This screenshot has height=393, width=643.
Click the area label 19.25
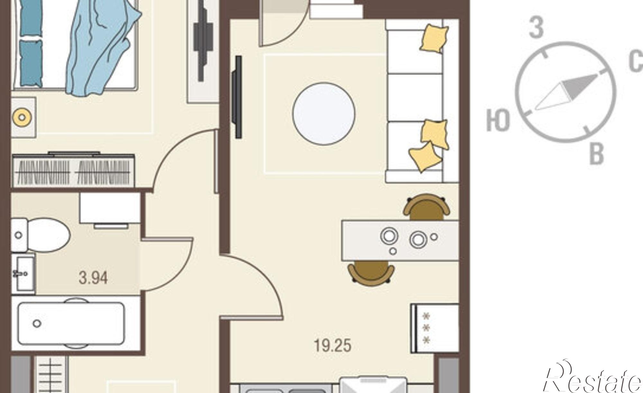[x=332, y=346]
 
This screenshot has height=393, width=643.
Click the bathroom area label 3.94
[x=93, y=278]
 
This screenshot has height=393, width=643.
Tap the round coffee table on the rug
[x=324, y=114]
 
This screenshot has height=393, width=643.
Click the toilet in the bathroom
[x=41, y=235]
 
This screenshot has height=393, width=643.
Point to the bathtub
[x=71, y=323]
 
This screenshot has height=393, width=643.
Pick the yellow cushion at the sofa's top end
[x=434, y=38]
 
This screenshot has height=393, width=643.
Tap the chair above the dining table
[x=426, y=207]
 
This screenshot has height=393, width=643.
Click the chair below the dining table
[x=371, y=272]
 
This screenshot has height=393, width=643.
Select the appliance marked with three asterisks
[x=435, y=328]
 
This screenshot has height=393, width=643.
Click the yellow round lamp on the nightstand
[x=22, y=117]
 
